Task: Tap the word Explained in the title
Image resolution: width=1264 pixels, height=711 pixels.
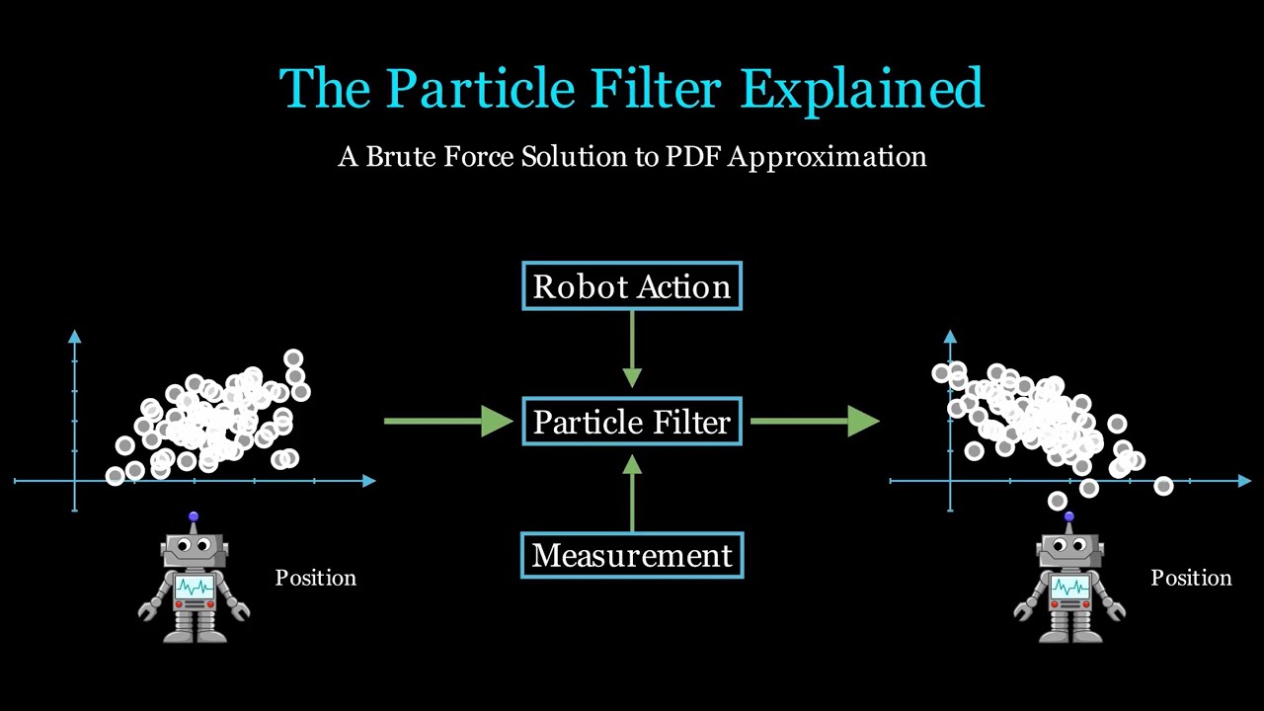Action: (x=861, y=89)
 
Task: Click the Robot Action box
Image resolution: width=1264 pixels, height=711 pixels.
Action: (x=632, y=286)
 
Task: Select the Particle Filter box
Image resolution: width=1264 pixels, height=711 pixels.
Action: (x=632, y=422)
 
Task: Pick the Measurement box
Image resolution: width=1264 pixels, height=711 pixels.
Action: (x=632, y=555)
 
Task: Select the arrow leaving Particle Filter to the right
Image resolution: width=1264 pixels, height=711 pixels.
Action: (x=814, y=422)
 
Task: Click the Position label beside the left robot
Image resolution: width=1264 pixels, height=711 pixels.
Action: (x=315, y=578)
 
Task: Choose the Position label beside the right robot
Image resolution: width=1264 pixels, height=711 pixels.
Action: (x=1191, y=578)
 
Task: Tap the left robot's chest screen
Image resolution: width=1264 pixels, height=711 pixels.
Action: (x=195, y=589)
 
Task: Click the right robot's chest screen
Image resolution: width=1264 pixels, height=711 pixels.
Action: (x=1070, y=589)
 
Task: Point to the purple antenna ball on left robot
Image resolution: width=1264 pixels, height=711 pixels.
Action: (x=194, y=516)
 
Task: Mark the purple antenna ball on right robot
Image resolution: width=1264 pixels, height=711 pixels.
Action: (x=1069, y=516)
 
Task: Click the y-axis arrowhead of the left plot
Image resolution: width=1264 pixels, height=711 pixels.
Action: (x=75, y=337)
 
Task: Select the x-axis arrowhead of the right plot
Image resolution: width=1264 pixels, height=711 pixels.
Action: (x=1244, y=481)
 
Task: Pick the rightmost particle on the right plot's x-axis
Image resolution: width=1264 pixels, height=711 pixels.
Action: (x=1163, y=486)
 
